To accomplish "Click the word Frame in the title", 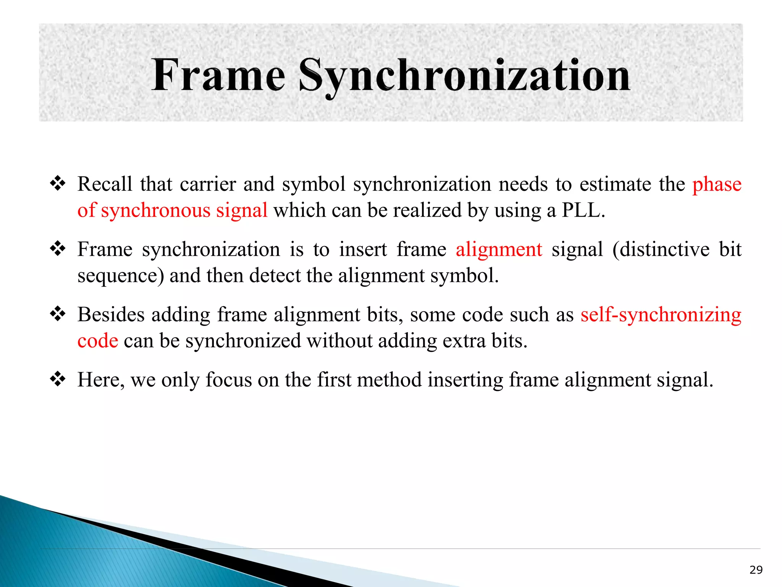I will (x=218, y=75).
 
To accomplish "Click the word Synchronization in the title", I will (x=464, y=76).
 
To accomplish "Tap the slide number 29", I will (x=756, y=570).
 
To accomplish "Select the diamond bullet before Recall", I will (x=58, y=184).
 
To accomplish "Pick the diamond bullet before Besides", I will (x=58, y=315).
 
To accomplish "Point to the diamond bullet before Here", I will (x=58, y=379).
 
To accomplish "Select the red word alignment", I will (x=499, y=250).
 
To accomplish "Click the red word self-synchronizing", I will (x=661, y=315).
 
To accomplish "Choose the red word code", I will (x=98, y=341).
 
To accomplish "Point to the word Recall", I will (x=105, y=184).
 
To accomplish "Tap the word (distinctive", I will (x=661, y=250).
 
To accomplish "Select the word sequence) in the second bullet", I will (x=121, y=276).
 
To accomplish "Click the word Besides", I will (x=111, y=315).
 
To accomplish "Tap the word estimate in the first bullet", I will (x=615, y=184).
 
